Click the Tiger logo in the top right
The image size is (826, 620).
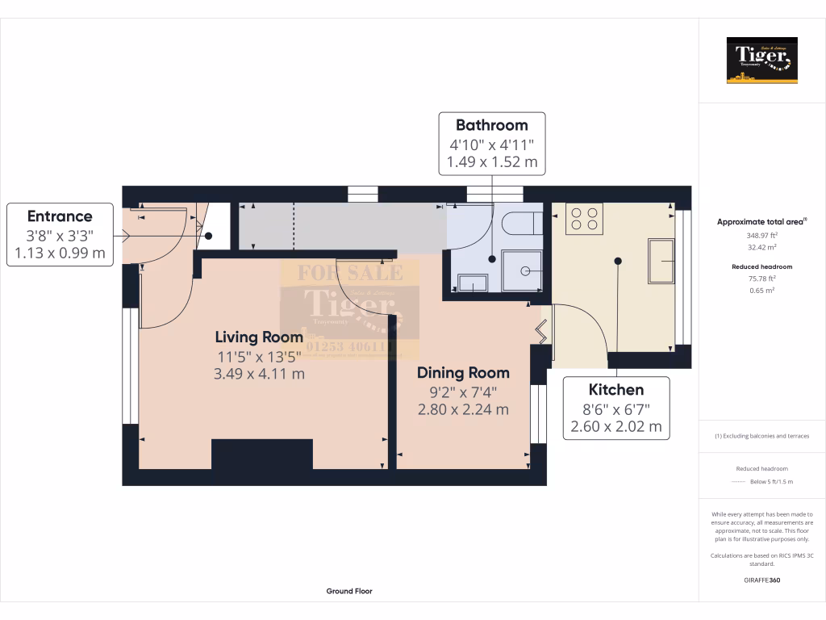761,61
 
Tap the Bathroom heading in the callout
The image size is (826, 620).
491,125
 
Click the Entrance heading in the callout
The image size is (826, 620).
60,216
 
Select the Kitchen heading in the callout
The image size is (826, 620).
615,390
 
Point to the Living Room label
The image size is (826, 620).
259,337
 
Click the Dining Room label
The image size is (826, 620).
463,373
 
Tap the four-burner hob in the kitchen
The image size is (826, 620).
584,218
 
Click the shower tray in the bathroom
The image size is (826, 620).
523,270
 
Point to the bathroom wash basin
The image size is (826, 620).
472,283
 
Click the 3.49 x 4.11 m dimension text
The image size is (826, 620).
259,374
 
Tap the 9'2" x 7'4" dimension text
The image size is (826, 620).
463,392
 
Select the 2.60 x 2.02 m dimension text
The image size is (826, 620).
615,426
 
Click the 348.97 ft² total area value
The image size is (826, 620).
761,235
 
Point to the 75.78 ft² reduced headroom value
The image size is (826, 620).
761,279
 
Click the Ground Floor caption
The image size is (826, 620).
349,591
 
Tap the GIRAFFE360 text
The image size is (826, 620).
761,580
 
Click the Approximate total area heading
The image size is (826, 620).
761,221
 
